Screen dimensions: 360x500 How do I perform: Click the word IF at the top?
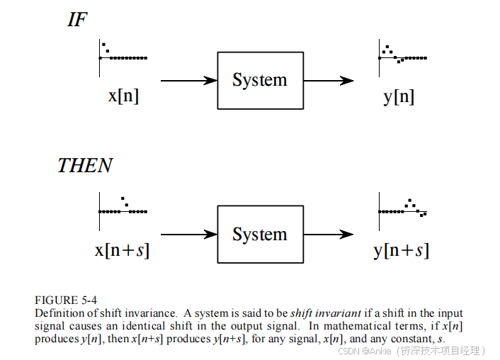(77, 20)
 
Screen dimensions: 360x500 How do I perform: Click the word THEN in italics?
(85, 166)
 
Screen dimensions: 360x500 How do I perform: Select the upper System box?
(260, 80)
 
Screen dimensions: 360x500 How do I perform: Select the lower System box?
(260, 234)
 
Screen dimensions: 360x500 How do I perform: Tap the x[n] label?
(123, 96)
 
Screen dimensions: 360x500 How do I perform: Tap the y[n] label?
(399, 96)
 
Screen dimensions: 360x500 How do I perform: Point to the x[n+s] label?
(122, 249)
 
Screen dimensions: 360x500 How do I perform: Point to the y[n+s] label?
(401, 249)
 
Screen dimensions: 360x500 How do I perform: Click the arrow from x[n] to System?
(188, 81)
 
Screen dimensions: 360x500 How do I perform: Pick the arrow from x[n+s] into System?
(188, 234)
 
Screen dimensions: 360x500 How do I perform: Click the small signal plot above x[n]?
(122, 55)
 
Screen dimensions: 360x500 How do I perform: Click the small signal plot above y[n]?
(402, 55)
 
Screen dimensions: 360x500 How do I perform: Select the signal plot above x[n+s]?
(123, 208)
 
